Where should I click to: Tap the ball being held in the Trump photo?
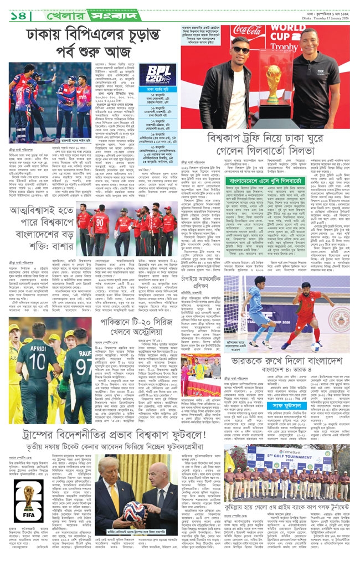(119, 519)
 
